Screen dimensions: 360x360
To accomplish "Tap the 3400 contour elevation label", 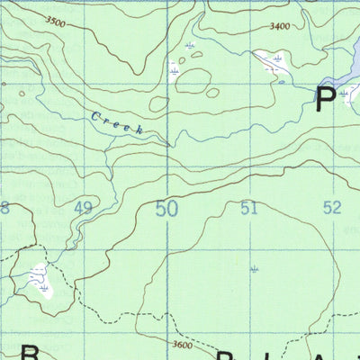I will click(x=279, y=27).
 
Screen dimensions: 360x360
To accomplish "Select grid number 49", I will click(x=84, y=209).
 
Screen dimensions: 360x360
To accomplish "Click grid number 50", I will click(x=166, y=210).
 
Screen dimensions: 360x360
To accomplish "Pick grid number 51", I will click(x=249, y=209).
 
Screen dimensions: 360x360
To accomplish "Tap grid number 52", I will click(x=332, y=208).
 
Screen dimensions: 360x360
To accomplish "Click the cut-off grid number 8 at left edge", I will click(x=4, y=209).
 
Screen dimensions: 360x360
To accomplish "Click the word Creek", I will click(x=117, y=123).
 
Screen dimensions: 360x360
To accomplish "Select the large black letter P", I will click(x=325, y=98).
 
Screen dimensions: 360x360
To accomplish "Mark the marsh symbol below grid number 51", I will click(x=256, y=268).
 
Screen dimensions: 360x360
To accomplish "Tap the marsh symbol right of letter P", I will click(x=345, y=94).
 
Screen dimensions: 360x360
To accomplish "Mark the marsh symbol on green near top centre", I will click(x=189, y=46).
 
